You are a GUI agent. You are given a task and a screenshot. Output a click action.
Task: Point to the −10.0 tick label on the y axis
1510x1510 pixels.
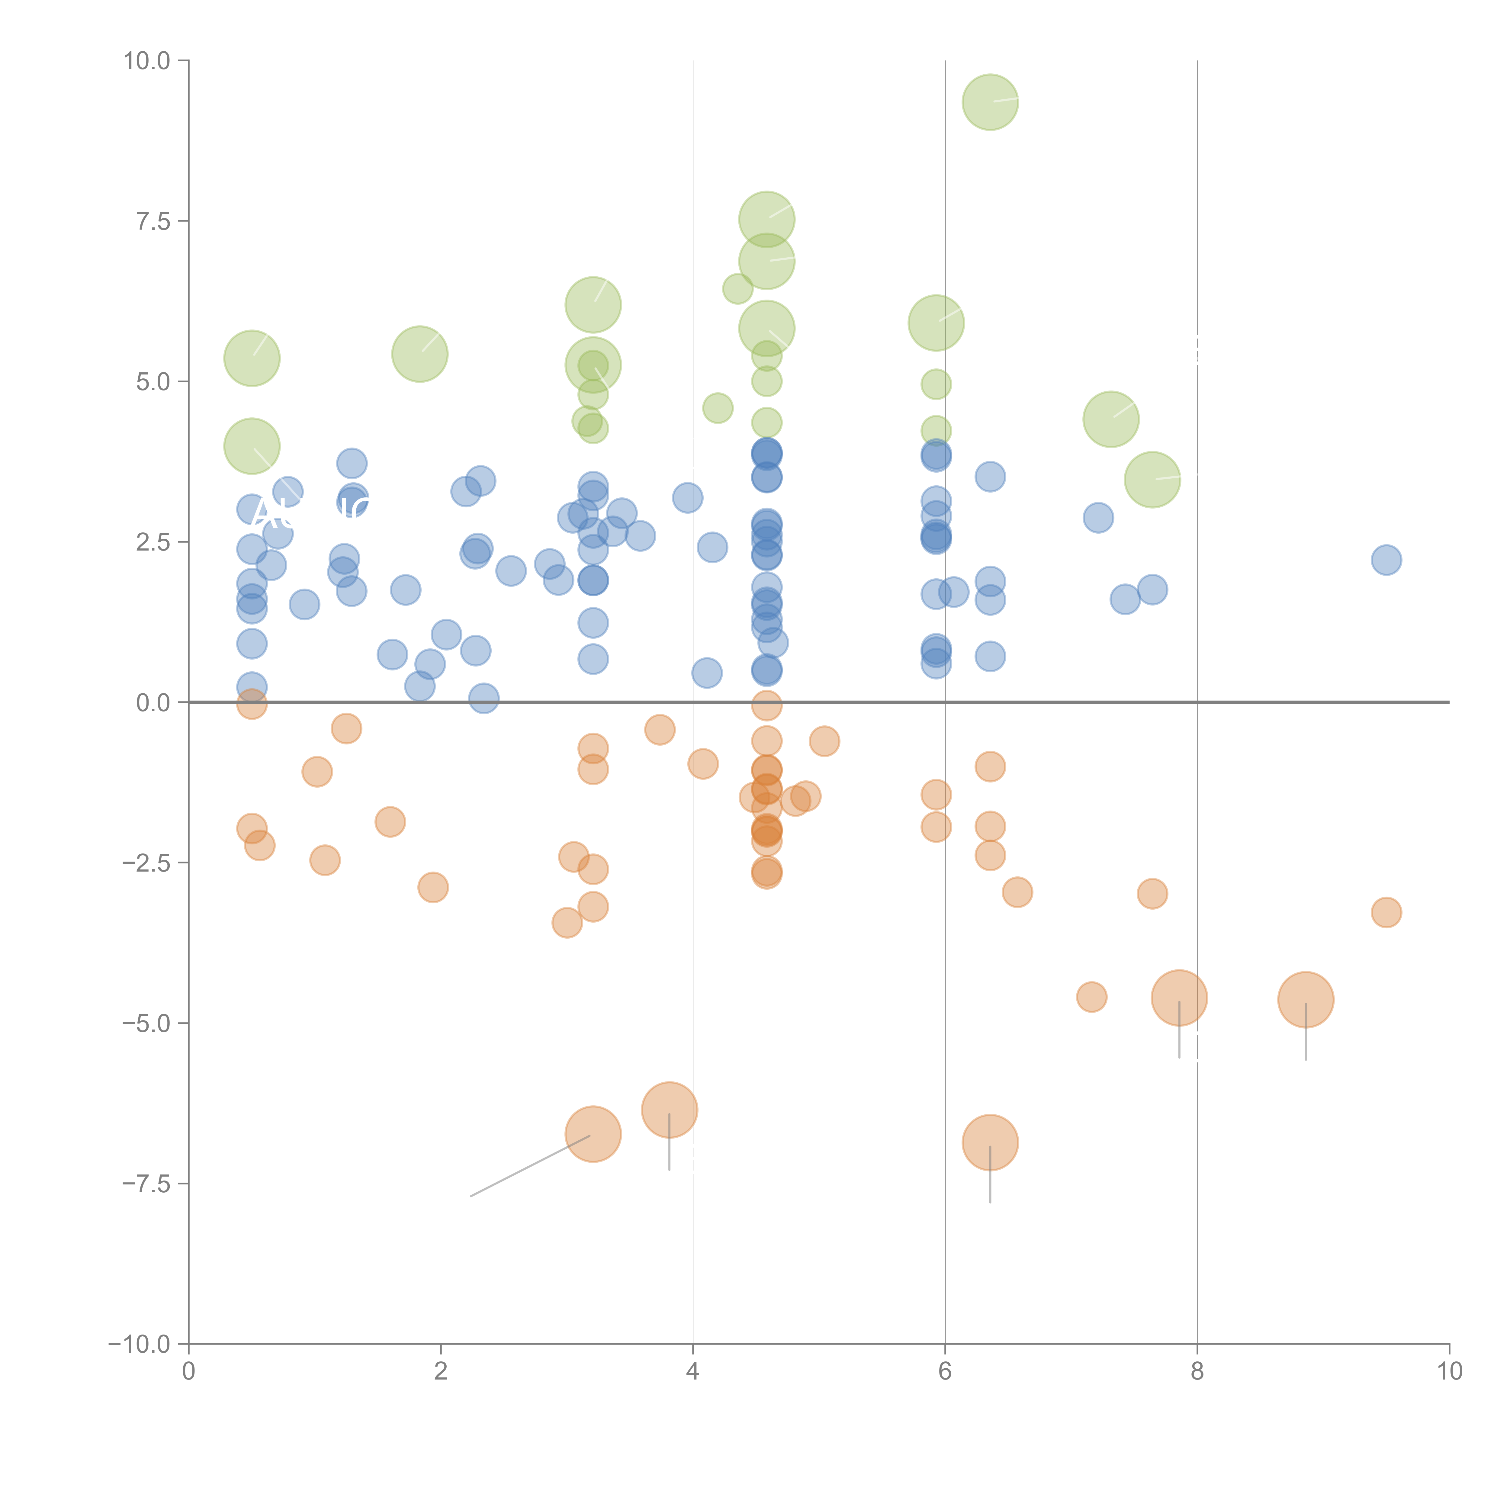point(139,1344)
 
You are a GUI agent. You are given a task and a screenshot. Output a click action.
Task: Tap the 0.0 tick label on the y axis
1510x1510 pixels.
point(153,703)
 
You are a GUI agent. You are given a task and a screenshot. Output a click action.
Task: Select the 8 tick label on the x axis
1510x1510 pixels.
point(1197,1372)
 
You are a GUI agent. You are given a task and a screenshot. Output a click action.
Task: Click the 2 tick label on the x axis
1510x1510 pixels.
point(441,1372)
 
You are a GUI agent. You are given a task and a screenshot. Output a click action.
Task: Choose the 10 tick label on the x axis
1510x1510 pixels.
point(1449,1372)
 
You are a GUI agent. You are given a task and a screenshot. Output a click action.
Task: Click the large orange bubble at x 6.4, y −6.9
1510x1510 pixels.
point(990,1143)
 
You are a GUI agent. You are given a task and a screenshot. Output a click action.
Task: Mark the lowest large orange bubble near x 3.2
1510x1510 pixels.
point(593,1134)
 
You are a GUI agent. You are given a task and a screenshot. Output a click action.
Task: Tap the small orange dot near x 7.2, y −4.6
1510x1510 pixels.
point(1092,997)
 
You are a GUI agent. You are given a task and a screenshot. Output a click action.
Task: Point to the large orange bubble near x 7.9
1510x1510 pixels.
point(1179,998)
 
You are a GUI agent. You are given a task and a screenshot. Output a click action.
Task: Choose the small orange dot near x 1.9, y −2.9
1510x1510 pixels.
point(433,887)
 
